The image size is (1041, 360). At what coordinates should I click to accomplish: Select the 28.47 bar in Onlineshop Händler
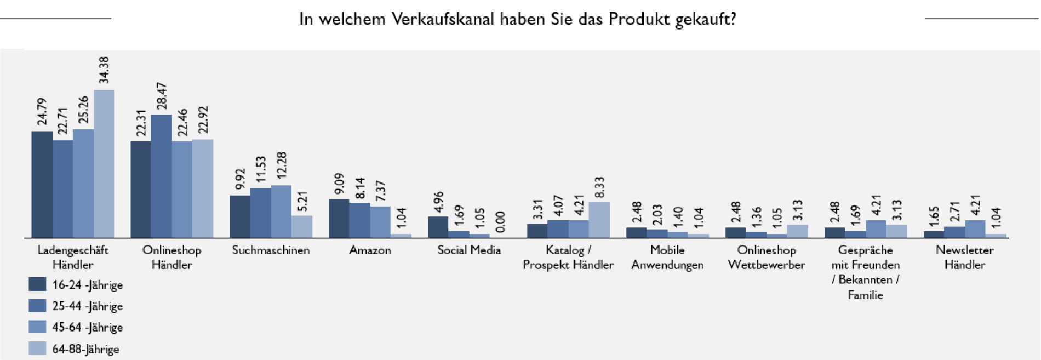[161, 176]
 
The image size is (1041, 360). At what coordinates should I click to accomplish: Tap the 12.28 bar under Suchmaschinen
[281, 211]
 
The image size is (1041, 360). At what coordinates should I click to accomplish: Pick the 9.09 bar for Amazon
[339, 218]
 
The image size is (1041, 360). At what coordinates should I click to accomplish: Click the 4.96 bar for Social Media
[438, 227]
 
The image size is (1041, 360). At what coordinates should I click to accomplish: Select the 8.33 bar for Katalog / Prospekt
[599, 220]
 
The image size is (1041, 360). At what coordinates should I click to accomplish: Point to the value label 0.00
[500, 222]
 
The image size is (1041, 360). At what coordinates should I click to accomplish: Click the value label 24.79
[42, 112]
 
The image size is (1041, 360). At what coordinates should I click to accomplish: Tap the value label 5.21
[302, 201]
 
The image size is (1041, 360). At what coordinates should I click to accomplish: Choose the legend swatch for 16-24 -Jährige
[37, 284]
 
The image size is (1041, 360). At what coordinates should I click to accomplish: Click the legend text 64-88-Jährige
[85, 349]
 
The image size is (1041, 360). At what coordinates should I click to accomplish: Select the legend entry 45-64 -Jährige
[87, 328]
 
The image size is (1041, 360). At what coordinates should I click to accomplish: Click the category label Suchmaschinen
[271, 250]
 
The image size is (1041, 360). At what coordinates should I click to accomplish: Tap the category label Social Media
[469, 250]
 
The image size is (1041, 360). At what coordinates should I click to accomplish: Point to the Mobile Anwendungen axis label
[667, 258]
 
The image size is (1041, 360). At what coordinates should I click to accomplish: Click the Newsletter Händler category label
[964, 258]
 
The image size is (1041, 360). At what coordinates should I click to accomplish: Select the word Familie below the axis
[865, 295]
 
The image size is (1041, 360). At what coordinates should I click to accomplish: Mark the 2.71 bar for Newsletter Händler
[954, 232]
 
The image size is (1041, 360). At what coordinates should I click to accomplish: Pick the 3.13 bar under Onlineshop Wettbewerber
[797, 231]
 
